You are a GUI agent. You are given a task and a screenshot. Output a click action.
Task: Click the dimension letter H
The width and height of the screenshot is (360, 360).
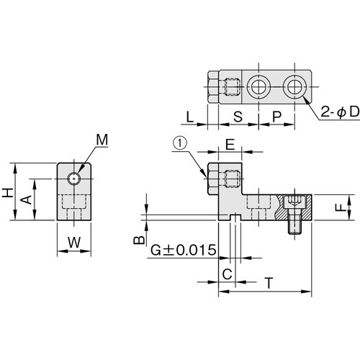(8, 192)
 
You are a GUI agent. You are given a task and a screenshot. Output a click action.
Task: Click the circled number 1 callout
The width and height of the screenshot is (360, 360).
(179, 143)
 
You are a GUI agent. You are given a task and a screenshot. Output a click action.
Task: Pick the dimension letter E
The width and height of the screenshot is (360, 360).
(229, 144)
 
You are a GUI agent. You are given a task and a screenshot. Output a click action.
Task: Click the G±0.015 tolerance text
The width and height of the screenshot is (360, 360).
(184, 250)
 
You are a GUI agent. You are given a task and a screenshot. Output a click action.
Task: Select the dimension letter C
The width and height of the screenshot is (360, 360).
(227, 274)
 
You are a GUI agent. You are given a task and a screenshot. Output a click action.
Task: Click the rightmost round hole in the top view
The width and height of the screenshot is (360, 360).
(294, 87)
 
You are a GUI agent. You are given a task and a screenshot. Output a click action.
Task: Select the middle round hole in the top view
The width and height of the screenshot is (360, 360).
(258, 87)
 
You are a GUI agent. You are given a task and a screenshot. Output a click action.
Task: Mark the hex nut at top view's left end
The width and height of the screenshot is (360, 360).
(212, 87)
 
